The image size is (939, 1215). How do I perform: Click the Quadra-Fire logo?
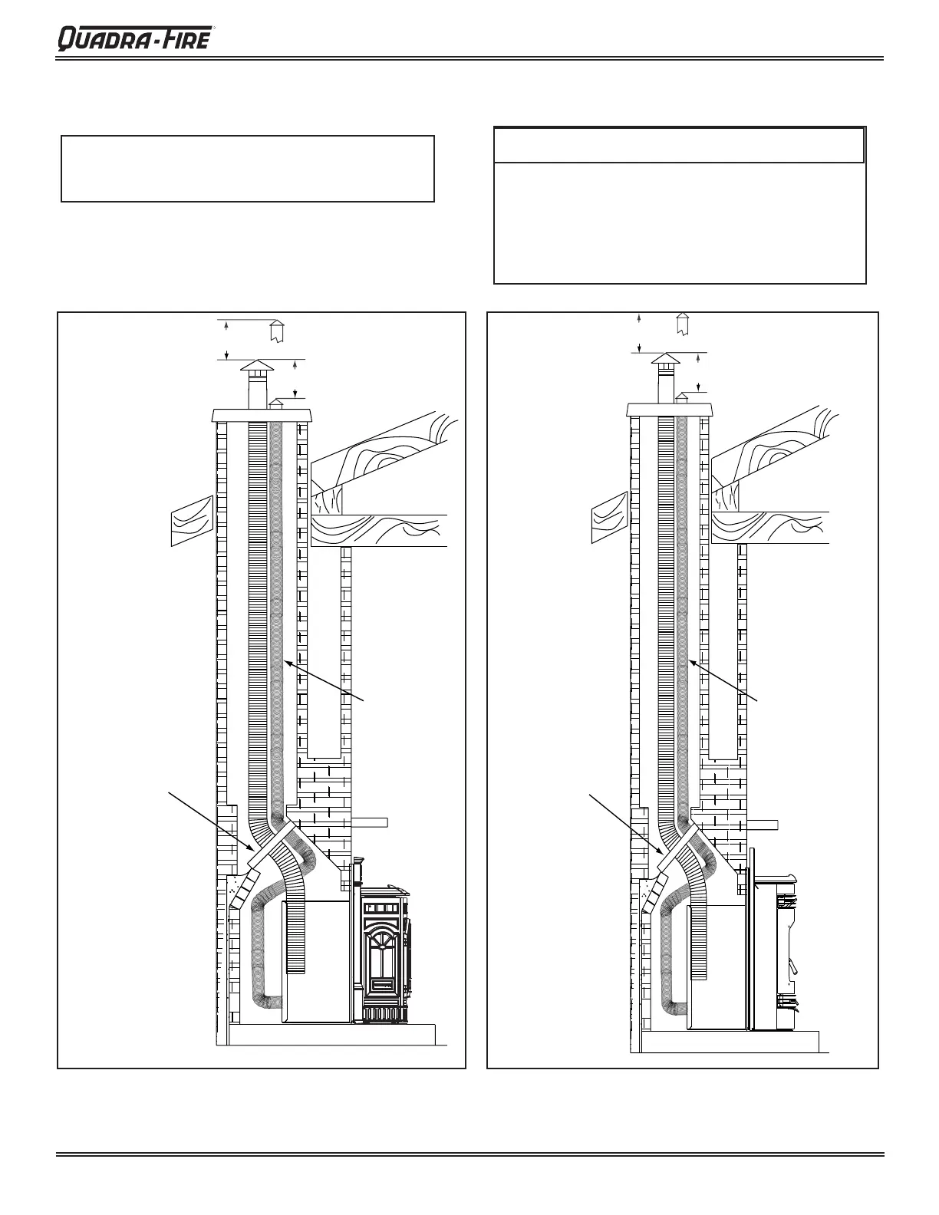tap(134, 38)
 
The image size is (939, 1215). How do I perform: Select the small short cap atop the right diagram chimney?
tap(680, 397)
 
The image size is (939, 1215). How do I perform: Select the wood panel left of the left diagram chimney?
tap(190, 520)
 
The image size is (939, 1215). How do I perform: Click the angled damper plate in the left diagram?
tap(272, 843)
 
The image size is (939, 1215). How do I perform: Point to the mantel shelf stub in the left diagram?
tap(370, 822)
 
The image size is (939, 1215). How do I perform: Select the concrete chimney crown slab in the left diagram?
tap(262, 416)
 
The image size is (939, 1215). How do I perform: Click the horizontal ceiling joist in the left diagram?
tap(380, 530)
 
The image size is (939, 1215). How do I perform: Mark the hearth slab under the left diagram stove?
tap(338, 1035)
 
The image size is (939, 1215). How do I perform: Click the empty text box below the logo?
tap(248, 169)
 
